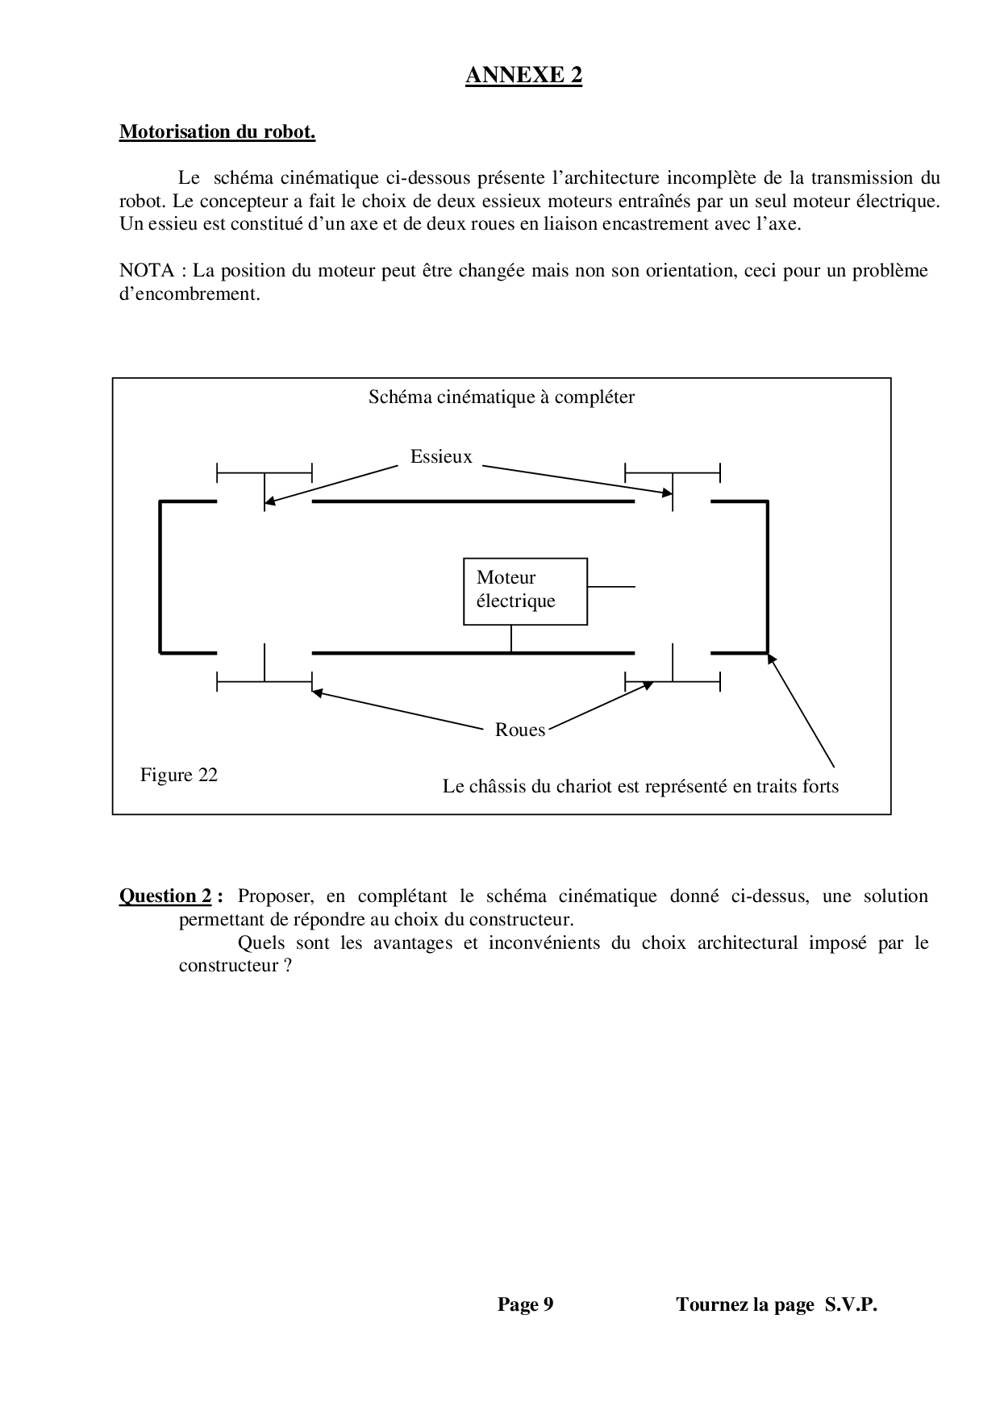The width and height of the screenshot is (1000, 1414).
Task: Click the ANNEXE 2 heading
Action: (523, 75)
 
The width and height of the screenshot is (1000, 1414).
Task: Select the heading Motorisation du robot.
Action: (217, 131)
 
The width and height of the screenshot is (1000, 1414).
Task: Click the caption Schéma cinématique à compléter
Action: (501, 397)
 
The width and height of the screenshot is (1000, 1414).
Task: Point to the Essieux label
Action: (440, 456)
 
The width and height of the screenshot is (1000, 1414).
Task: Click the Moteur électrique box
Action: (525, 591)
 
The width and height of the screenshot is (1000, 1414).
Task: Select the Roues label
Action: (519, 730)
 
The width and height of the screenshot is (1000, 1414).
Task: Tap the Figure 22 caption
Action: (179, 775)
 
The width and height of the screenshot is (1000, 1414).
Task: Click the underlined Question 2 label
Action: (167, 896)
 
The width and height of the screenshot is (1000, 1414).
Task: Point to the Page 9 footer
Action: (525, 1304)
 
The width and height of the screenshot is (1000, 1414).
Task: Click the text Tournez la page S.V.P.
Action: (776, 1304)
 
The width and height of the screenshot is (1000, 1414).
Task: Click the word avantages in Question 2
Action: (412, 942)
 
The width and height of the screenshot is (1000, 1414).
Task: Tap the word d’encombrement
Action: (190, 293)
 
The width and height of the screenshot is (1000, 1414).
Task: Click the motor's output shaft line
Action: (611, 586)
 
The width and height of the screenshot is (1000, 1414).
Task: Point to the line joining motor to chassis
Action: (510, 638)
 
